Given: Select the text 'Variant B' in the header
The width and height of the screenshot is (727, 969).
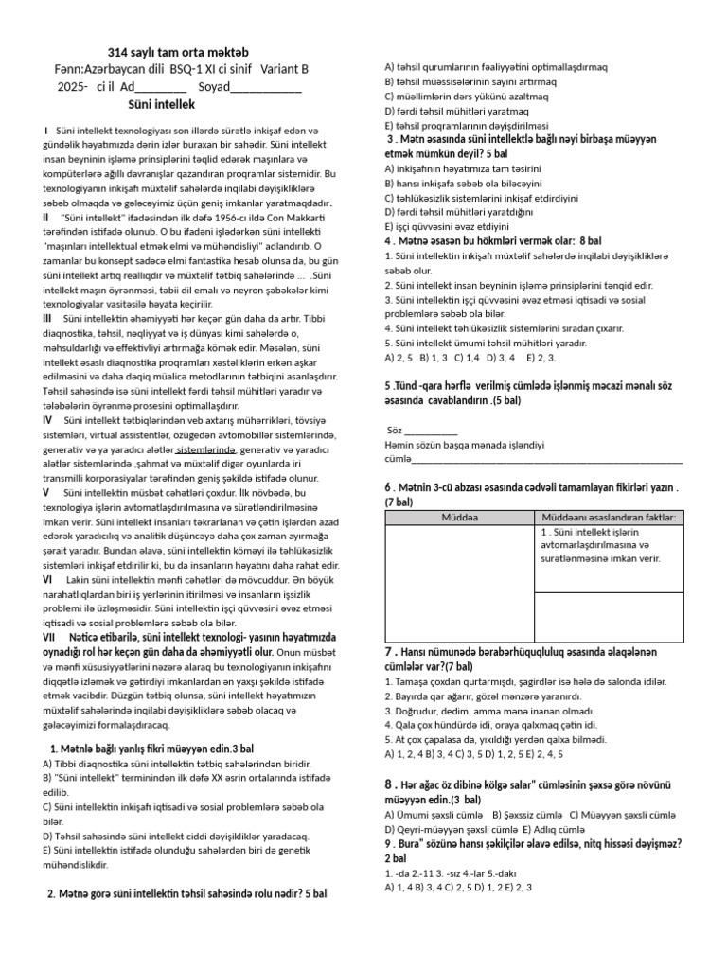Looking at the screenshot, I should click(280, 69).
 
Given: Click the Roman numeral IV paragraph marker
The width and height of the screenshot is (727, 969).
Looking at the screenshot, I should click(47, 419).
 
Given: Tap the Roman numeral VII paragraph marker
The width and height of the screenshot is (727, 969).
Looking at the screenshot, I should click(51, 639).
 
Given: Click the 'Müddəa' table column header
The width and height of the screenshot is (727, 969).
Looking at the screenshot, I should click(460, 518).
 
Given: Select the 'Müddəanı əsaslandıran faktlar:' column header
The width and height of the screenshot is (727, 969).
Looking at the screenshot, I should click(608, 518).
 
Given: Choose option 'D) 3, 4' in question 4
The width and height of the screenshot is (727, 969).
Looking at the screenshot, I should click(501, 358).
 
